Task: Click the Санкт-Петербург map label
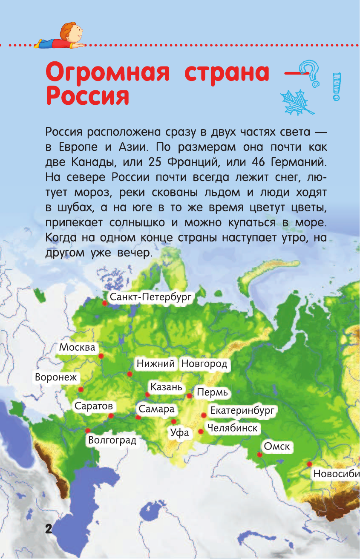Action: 151,297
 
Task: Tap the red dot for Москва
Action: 101,356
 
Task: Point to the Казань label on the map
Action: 166,387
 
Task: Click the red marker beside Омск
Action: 259,454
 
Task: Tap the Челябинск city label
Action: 233,428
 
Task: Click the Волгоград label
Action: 112,440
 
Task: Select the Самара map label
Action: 157,409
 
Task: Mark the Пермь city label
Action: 212,392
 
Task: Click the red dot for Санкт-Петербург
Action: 104,303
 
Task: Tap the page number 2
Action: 48,529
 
